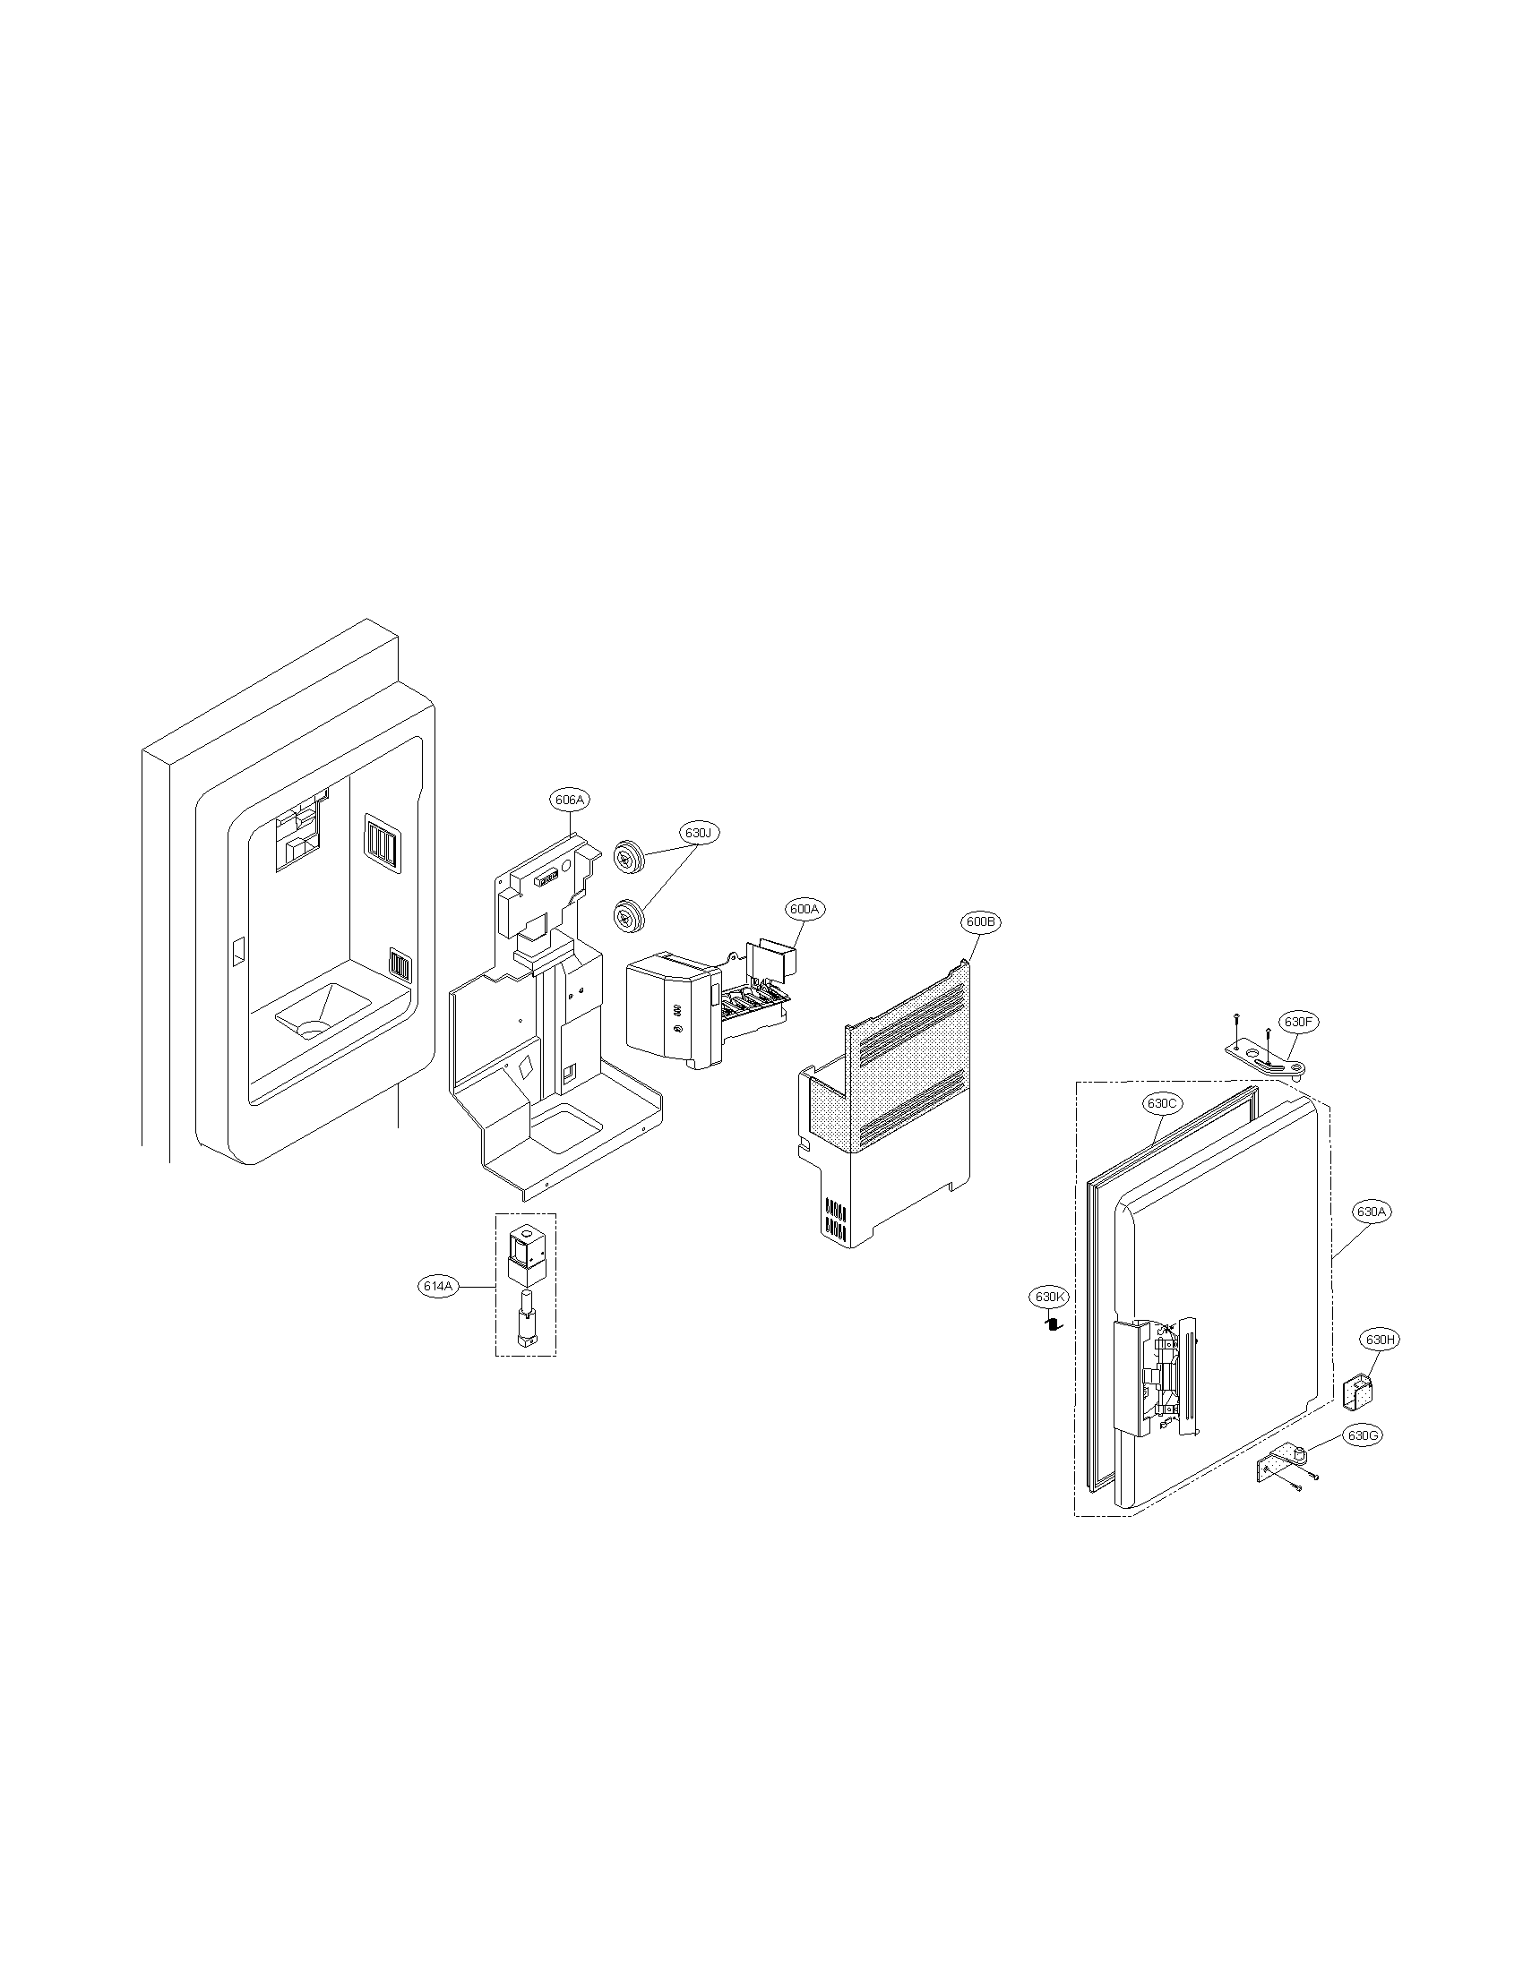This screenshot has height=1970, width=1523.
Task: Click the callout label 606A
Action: point(568,800)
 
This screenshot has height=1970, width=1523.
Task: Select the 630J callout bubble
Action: point(699,833)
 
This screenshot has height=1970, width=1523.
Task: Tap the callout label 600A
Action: point(803,910)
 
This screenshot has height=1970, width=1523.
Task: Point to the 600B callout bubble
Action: point(980,921)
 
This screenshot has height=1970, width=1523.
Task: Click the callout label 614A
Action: point(435,1287)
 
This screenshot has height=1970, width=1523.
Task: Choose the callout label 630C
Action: point(1162,1103)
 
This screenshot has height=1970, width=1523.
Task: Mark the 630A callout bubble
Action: point(1370,1212)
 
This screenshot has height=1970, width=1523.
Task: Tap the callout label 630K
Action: point(1050,1298)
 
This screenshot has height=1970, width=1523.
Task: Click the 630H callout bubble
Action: point(1381,1340)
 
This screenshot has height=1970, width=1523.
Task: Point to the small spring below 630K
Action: point(1052,1323)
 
